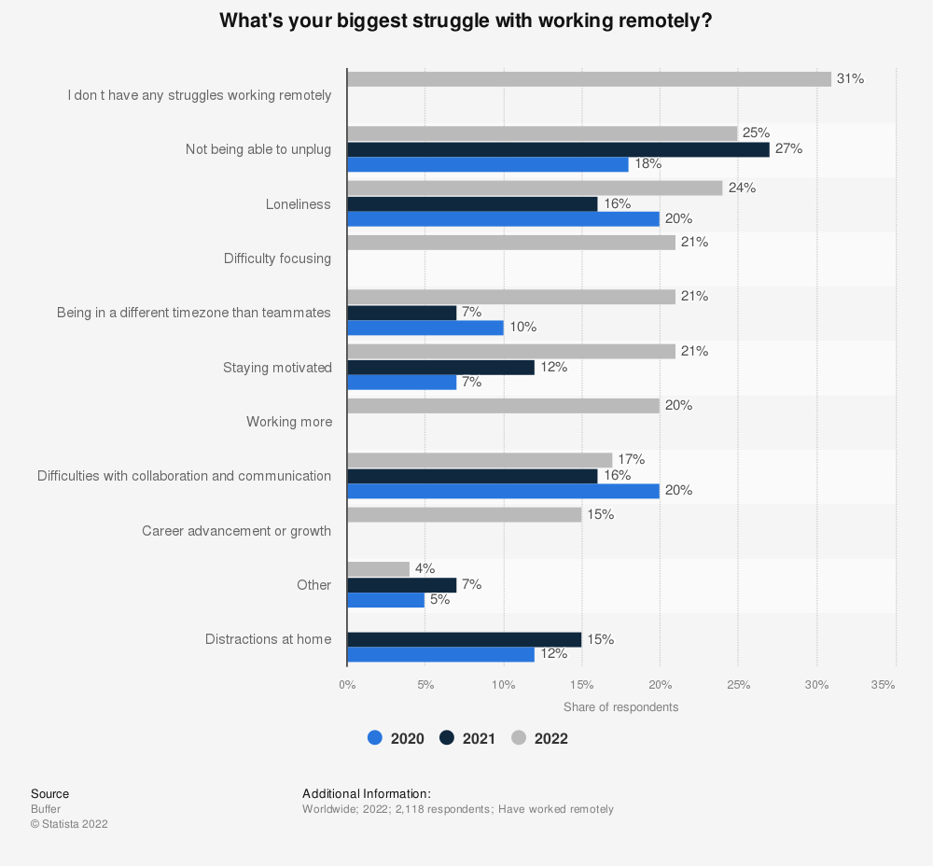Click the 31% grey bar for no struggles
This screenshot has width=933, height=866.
[589, 79]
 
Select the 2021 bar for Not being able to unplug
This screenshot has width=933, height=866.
[558, 149]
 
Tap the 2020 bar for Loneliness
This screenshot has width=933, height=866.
[503, 219]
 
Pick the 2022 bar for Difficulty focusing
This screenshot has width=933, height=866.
[510, 243]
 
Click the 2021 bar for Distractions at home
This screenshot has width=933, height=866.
[464, 639]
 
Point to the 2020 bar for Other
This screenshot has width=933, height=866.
[385, 600]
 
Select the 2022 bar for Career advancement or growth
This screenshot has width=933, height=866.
[464, 515]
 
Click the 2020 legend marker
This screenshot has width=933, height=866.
[375, 738]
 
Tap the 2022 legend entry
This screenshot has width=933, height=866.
[540, 738]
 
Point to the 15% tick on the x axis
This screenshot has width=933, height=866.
[581, 685]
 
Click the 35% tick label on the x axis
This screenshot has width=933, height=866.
[883, 685]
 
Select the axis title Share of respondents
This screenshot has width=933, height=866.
[620, 707]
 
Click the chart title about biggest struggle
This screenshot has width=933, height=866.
[466, 21]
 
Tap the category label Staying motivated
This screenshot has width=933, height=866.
[277, 368]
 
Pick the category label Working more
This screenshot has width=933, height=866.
[289, 422]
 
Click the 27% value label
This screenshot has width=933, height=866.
[788, 148]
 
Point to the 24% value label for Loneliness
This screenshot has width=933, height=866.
[742, 188]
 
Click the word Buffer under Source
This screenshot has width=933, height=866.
[45, 809]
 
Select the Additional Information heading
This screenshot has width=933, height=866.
[367, 794]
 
